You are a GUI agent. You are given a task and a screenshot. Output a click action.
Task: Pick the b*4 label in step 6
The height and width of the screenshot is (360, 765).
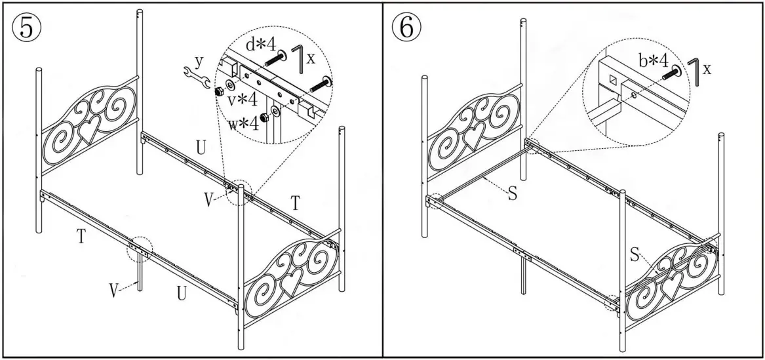(x=653, y=61)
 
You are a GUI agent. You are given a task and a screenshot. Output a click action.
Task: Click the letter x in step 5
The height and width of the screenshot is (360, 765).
(x=311, y=58)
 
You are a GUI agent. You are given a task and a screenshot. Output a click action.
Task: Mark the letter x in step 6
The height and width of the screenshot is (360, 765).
(x=707, y=68)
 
